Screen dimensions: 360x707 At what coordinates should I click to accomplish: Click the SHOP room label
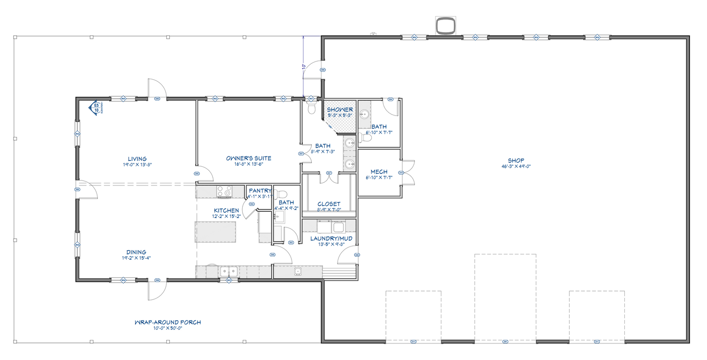[516, 160]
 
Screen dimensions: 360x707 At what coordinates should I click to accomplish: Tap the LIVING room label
[137, 159]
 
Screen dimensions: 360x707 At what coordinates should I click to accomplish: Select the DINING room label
[137, 252]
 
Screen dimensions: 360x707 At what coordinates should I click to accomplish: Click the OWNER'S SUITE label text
[249, 158]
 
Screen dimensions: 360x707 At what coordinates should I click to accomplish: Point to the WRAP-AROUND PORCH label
[168, 322]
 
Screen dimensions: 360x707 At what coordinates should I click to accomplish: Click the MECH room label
[379, 172]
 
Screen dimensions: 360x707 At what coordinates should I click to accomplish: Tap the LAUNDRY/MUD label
[331, 239]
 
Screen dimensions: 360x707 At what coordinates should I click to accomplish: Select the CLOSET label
[329, 204]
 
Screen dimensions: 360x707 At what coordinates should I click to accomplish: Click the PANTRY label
[260, 191]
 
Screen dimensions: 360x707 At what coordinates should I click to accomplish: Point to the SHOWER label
[340, 110]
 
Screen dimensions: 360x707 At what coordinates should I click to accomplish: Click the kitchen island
[215, 231]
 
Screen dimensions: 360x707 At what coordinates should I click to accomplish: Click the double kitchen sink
[228, 271]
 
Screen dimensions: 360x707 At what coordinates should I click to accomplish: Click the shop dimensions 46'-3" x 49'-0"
[516, 166]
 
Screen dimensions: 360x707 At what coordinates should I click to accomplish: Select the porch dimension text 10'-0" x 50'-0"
[168, 329]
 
